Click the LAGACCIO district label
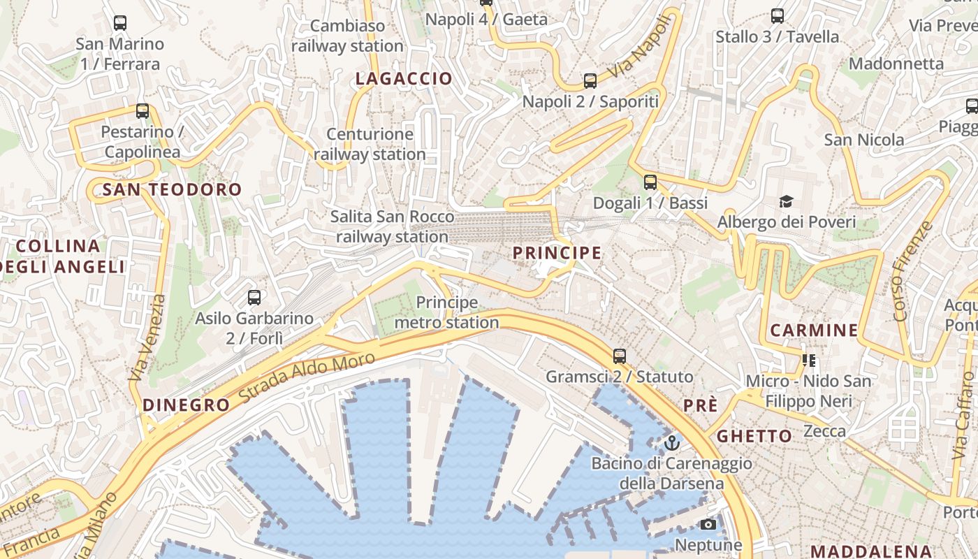coord(404,79)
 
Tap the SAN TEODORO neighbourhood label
coord(172,189)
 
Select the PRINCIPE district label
coord(557,253)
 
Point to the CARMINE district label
coord(814,331)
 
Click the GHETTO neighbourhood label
coord(754,437)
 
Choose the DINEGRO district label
coord(186,405)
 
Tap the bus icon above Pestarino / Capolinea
coord(143,110)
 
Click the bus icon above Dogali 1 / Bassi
coord(650,182)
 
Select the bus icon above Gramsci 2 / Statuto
coord(619,356)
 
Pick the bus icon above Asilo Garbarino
coord(254,298)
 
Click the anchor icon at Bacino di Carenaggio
coord(671,442)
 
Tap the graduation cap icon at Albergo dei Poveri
coord(786,202)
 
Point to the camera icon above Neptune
coord(708,524)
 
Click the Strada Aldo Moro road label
coord(307,377)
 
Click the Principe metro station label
coord(447,312)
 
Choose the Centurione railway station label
coord(370,144)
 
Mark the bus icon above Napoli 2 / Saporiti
coord(590,80)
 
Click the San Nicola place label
coord(864,140)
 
